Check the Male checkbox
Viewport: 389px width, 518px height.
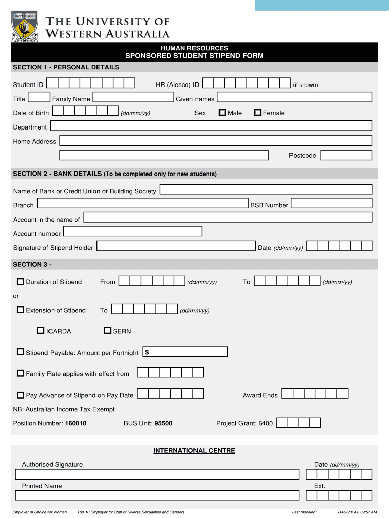[222, 113]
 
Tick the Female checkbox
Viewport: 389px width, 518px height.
[258, 113]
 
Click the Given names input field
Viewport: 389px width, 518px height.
[295, 97]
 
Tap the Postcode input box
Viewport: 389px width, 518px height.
[346, 155]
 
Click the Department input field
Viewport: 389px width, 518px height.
[211, 126]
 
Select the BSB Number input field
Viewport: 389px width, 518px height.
[331, 203]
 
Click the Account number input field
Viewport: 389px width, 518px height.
[132, 231]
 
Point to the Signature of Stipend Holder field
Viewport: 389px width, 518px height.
[176, 246]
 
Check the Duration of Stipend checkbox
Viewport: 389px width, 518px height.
[20, 282]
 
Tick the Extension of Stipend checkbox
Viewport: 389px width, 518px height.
[20, 310]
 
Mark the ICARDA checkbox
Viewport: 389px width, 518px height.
[41, 331]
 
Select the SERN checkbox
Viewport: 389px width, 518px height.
[107, 331]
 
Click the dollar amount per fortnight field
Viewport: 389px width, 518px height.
[185, 352]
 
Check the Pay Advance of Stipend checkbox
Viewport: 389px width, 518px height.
[20, 395]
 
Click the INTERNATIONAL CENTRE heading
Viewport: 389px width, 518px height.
[194, 450]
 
